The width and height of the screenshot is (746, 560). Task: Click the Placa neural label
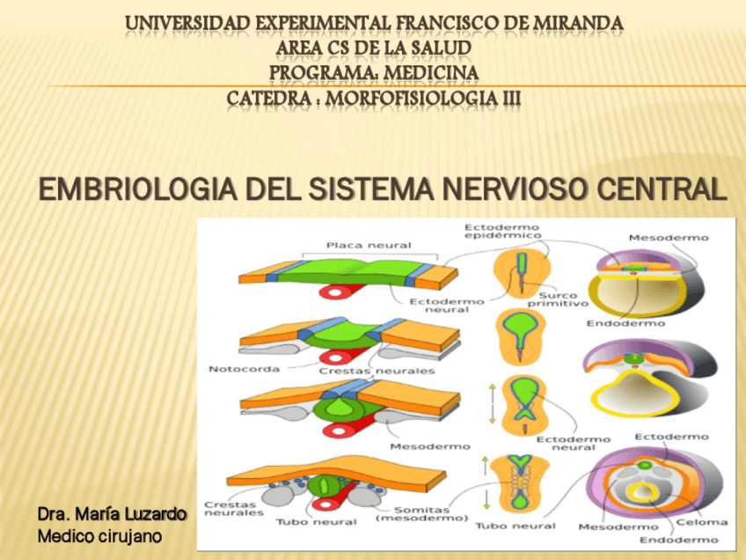356,246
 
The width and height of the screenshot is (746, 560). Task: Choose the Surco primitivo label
557,300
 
